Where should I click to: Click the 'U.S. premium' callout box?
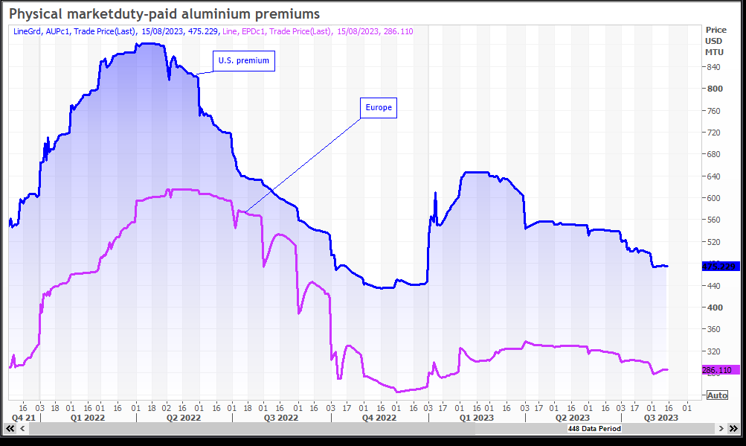244,61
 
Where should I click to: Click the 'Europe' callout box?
378,108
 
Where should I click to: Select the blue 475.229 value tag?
719,267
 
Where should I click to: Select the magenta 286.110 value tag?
717,370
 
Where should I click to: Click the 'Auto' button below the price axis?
717,395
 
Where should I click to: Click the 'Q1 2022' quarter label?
88,418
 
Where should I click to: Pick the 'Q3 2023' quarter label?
660,418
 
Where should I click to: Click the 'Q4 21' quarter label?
24,418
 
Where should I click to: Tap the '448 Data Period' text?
594,429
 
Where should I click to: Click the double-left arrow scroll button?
10,429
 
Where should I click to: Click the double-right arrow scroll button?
721,429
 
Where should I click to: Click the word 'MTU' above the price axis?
713,51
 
